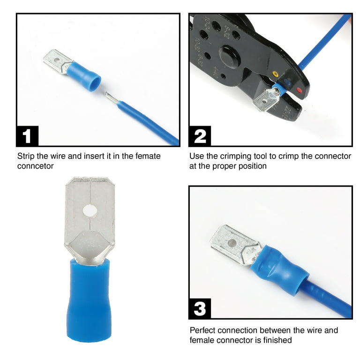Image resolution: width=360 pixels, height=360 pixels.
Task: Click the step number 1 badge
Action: (27, 136)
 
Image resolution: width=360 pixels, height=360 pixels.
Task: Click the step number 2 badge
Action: (200, 136)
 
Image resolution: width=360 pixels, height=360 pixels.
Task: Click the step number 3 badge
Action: (200, 308)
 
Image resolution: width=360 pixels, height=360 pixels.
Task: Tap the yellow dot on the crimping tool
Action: (275, 74)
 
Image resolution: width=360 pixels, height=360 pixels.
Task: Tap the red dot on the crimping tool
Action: (299, 90)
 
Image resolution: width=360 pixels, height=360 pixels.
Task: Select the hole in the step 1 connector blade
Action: (56, 61)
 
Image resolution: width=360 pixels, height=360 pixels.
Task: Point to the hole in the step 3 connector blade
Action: (232, 243)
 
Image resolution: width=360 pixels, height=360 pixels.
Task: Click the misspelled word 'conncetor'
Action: (35, 166)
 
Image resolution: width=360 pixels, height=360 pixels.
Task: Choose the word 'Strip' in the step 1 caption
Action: (26, 157)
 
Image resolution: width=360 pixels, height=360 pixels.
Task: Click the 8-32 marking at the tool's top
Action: (226, 32)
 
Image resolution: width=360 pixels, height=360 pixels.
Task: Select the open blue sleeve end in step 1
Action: (95, 83)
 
